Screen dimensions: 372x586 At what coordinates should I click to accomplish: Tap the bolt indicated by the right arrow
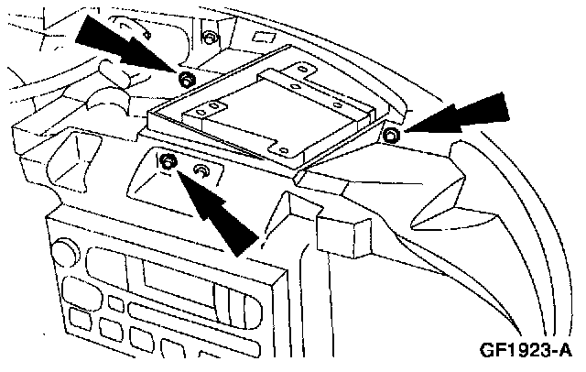pos(390,136)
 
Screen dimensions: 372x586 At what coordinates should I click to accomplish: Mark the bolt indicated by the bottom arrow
pos(168,164)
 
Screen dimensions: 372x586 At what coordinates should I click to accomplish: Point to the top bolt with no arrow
pos(210,38)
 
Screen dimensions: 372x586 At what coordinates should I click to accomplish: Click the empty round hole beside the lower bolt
pos(201,171)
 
